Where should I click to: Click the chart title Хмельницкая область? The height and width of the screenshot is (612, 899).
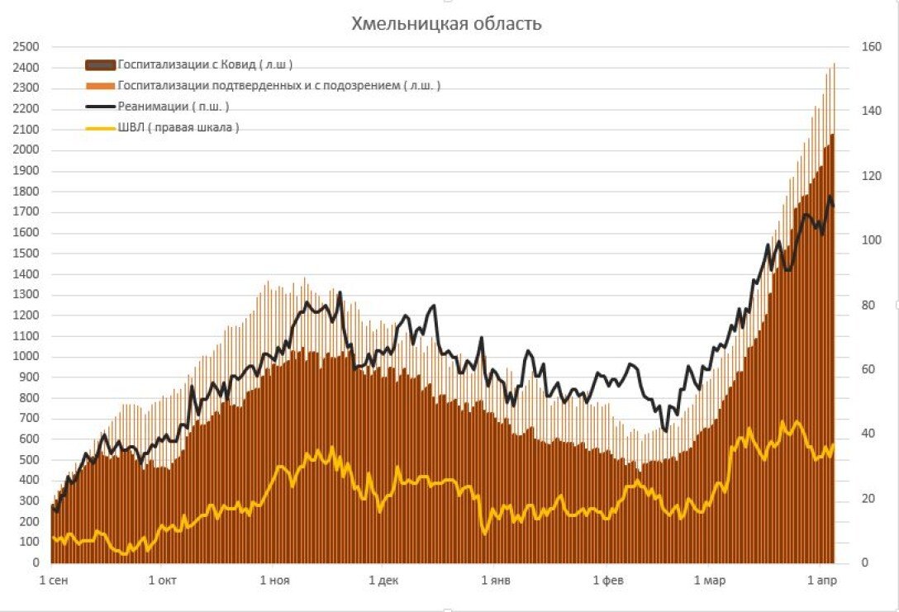point(446,23)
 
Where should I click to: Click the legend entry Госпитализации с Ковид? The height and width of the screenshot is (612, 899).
point(205,64)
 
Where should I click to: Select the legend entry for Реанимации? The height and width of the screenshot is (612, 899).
point(174,107)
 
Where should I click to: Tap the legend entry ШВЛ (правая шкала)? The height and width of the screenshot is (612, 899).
point(178,127)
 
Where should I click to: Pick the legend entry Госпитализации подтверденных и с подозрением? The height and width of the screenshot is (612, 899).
point(278,85)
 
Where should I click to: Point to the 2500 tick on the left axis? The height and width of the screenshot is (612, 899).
point(25,47)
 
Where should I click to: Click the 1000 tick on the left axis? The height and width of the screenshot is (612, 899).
point(25,357)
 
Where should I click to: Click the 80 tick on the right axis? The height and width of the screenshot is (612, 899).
point(868,305)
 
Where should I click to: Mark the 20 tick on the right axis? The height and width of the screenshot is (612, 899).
point(868,498)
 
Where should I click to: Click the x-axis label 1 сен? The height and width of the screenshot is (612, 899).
point(54,581)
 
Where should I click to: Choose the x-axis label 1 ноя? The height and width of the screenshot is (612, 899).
point(274,581)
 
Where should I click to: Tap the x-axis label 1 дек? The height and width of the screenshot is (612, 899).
point(383,581)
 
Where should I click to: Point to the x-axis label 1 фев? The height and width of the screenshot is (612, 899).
point(608,581)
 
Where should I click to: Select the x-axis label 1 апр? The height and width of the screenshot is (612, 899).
point(822,581)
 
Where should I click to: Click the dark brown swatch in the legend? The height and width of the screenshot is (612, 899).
point(101,64)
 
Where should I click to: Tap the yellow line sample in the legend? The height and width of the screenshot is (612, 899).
point(101,127)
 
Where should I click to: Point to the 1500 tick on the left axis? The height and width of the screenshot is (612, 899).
point(25,254)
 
